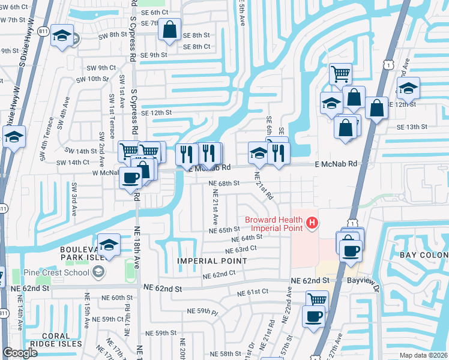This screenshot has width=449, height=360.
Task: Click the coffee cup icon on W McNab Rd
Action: [x=130, y=178]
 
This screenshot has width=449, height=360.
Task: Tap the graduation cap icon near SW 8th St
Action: [x=62, y=36]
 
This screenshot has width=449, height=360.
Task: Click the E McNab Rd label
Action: [x=336, y=163]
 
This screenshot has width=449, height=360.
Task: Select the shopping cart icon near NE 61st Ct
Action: [x=316, y=299]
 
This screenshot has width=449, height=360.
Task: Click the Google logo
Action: [x=21, y=353]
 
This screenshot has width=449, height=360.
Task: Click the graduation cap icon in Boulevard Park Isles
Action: [x=109, y=245]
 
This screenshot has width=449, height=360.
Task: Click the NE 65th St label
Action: [x=224, y=230]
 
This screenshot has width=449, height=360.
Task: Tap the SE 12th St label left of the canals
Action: [x=156, y=112]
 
